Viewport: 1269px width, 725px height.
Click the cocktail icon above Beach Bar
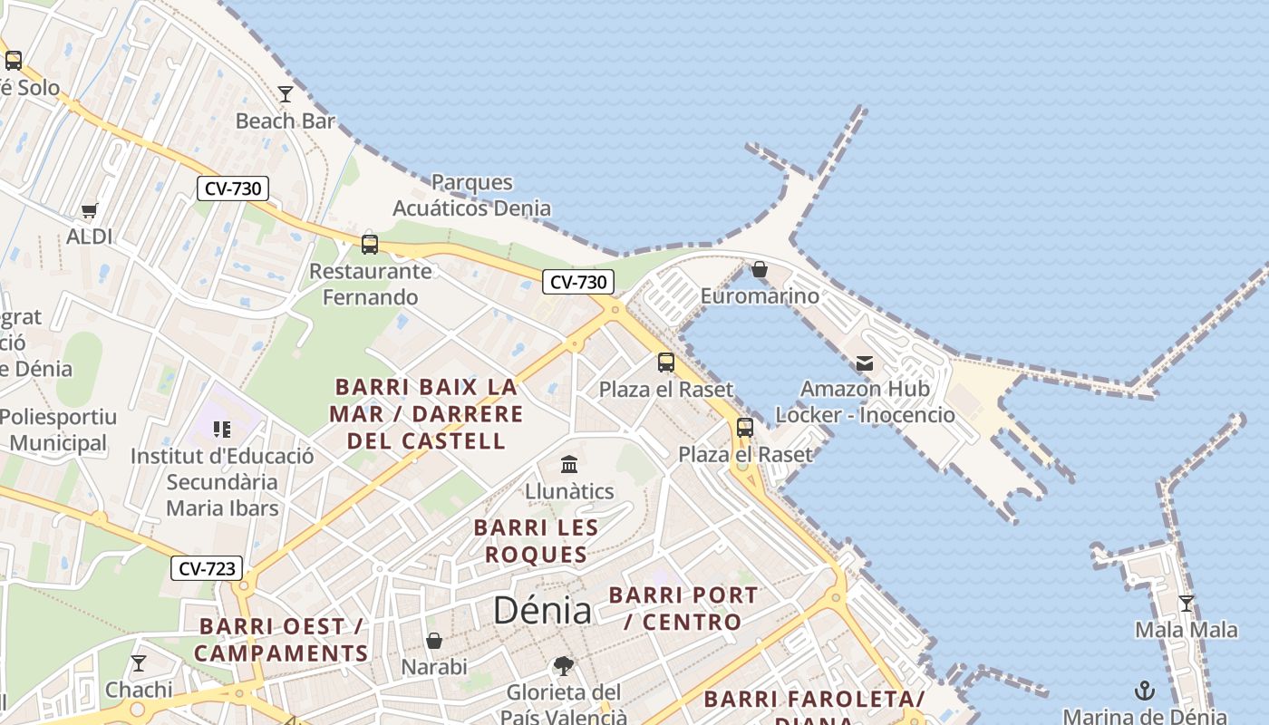[x=286, y=93]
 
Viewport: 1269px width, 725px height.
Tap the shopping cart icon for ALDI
[x=89, y=211]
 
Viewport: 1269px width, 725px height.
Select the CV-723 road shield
[x=207, y=569]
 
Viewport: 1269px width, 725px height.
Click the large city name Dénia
[x=542, y=611]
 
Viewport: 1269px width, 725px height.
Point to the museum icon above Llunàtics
[x=569, y=465]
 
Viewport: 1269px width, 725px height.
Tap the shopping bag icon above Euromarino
[x=760, y=269]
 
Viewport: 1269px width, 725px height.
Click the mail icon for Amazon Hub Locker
[x=865, y=363]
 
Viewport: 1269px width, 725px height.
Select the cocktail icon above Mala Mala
[x=1186, y=604]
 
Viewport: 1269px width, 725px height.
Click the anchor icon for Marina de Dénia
[x=1144, y=691]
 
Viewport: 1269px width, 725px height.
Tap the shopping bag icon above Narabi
[x=434, y=641]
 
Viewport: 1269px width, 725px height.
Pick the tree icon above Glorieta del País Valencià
[x=563, y=666]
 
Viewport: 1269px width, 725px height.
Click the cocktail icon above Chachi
[x=139, y=663]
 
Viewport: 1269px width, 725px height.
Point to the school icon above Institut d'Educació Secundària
[x=222, y=429]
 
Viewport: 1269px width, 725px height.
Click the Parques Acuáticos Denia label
[x=471, y=195]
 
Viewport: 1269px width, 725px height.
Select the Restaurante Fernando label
[x=371, y=284]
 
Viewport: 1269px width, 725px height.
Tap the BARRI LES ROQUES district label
[x=536, y=541]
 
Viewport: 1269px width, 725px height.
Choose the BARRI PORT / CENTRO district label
[x=683, y=608]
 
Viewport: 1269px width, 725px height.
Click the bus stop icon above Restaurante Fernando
[x=370, y=244]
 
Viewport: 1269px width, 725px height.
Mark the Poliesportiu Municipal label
[x=59, y=430]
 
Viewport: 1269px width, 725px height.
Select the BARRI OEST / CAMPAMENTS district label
[x=281, y=640]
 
